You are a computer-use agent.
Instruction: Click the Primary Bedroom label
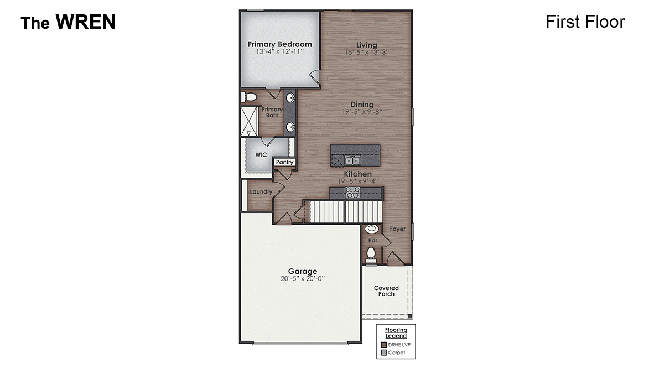(x=279, y=44)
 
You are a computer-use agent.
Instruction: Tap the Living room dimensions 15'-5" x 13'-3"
(x=367, y=53)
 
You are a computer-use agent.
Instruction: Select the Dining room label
(x=362, y=105)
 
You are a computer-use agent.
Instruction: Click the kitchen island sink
(x=352, y=160)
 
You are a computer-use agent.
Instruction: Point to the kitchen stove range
(x=352, y=193)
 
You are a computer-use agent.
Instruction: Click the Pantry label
(x=284, y=163)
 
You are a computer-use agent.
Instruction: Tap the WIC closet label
(x=261, y=155)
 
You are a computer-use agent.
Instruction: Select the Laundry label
(x=261, y=192)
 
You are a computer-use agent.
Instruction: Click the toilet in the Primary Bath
(x=251, y=97)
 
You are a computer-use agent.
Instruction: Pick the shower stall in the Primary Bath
(x=249, y=121)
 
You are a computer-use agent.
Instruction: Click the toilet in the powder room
(x=371, y=254)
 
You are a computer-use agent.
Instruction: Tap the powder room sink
(x=371, y=228)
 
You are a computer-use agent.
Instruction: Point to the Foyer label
(x=397, y=229)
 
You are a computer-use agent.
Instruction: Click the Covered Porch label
(x=386, y=291)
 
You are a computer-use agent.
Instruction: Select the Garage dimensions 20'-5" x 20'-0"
(x=302, y=279)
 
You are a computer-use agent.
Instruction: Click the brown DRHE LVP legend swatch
(x=383, y=344)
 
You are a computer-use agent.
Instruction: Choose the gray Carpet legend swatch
(x=383, y=353)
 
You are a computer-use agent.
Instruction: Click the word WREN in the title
(x=85, y=22)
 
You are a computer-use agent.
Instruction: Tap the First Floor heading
(x=585, y=22)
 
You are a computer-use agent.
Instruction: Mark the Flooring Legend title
(x=396, y=333)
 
